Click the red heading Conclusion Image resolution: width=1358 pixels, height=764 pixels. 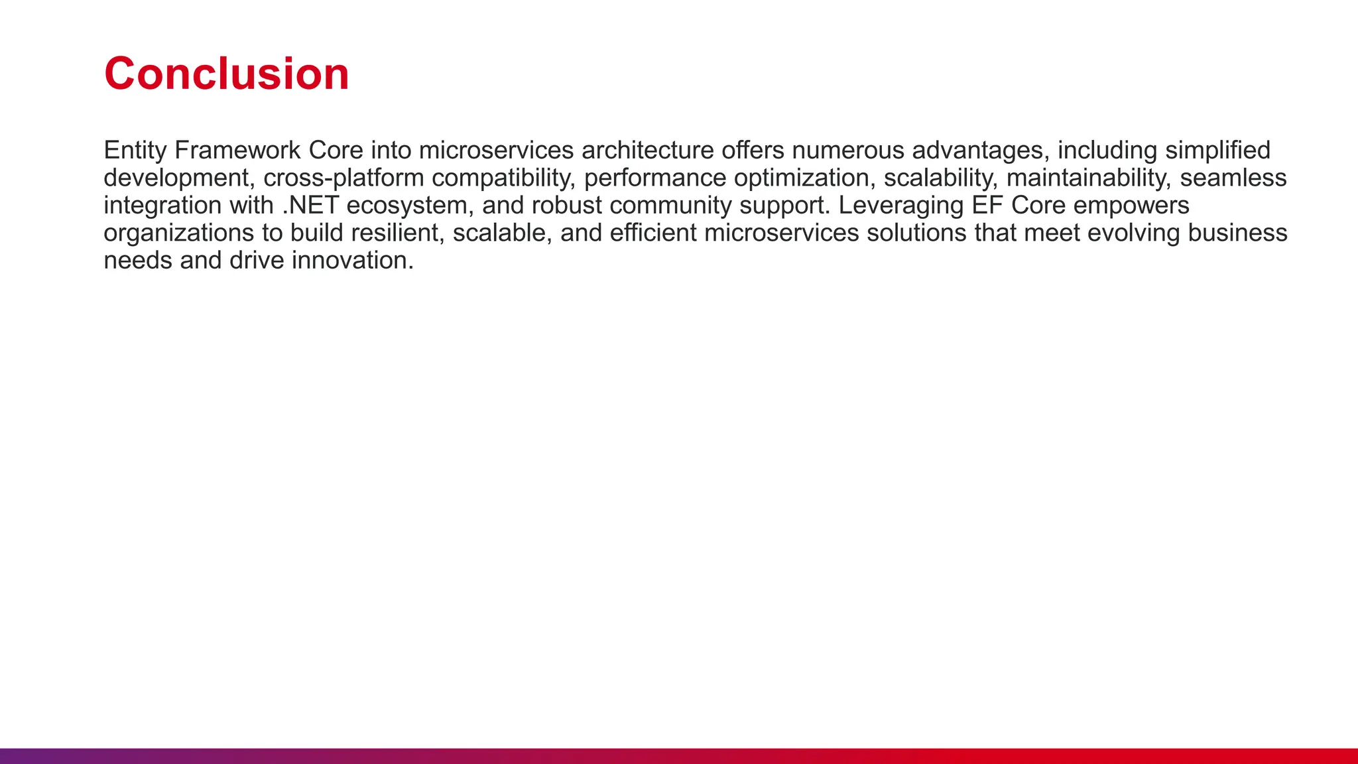pyautogui.click(x=226, y=74)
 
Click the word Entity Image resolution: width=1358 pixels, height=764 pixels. pyautogui.click(x=135, y=151)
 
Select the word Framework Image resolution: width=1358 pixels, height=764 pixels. pyautogui.click(x=237, y=151)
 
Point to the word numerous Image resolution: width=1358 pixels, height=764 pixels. pyautogui.click(x=847, y=151)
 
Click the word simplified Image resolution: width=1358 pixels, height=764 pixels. pyautogui.click(x=1217, y=151)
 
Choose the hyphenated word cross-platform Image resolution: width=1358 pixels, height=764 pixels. pyautogui.click(x=343, y=178)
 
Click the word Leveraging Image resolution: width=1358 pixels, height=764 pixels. pyautogui.click(x=900, y=206)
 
